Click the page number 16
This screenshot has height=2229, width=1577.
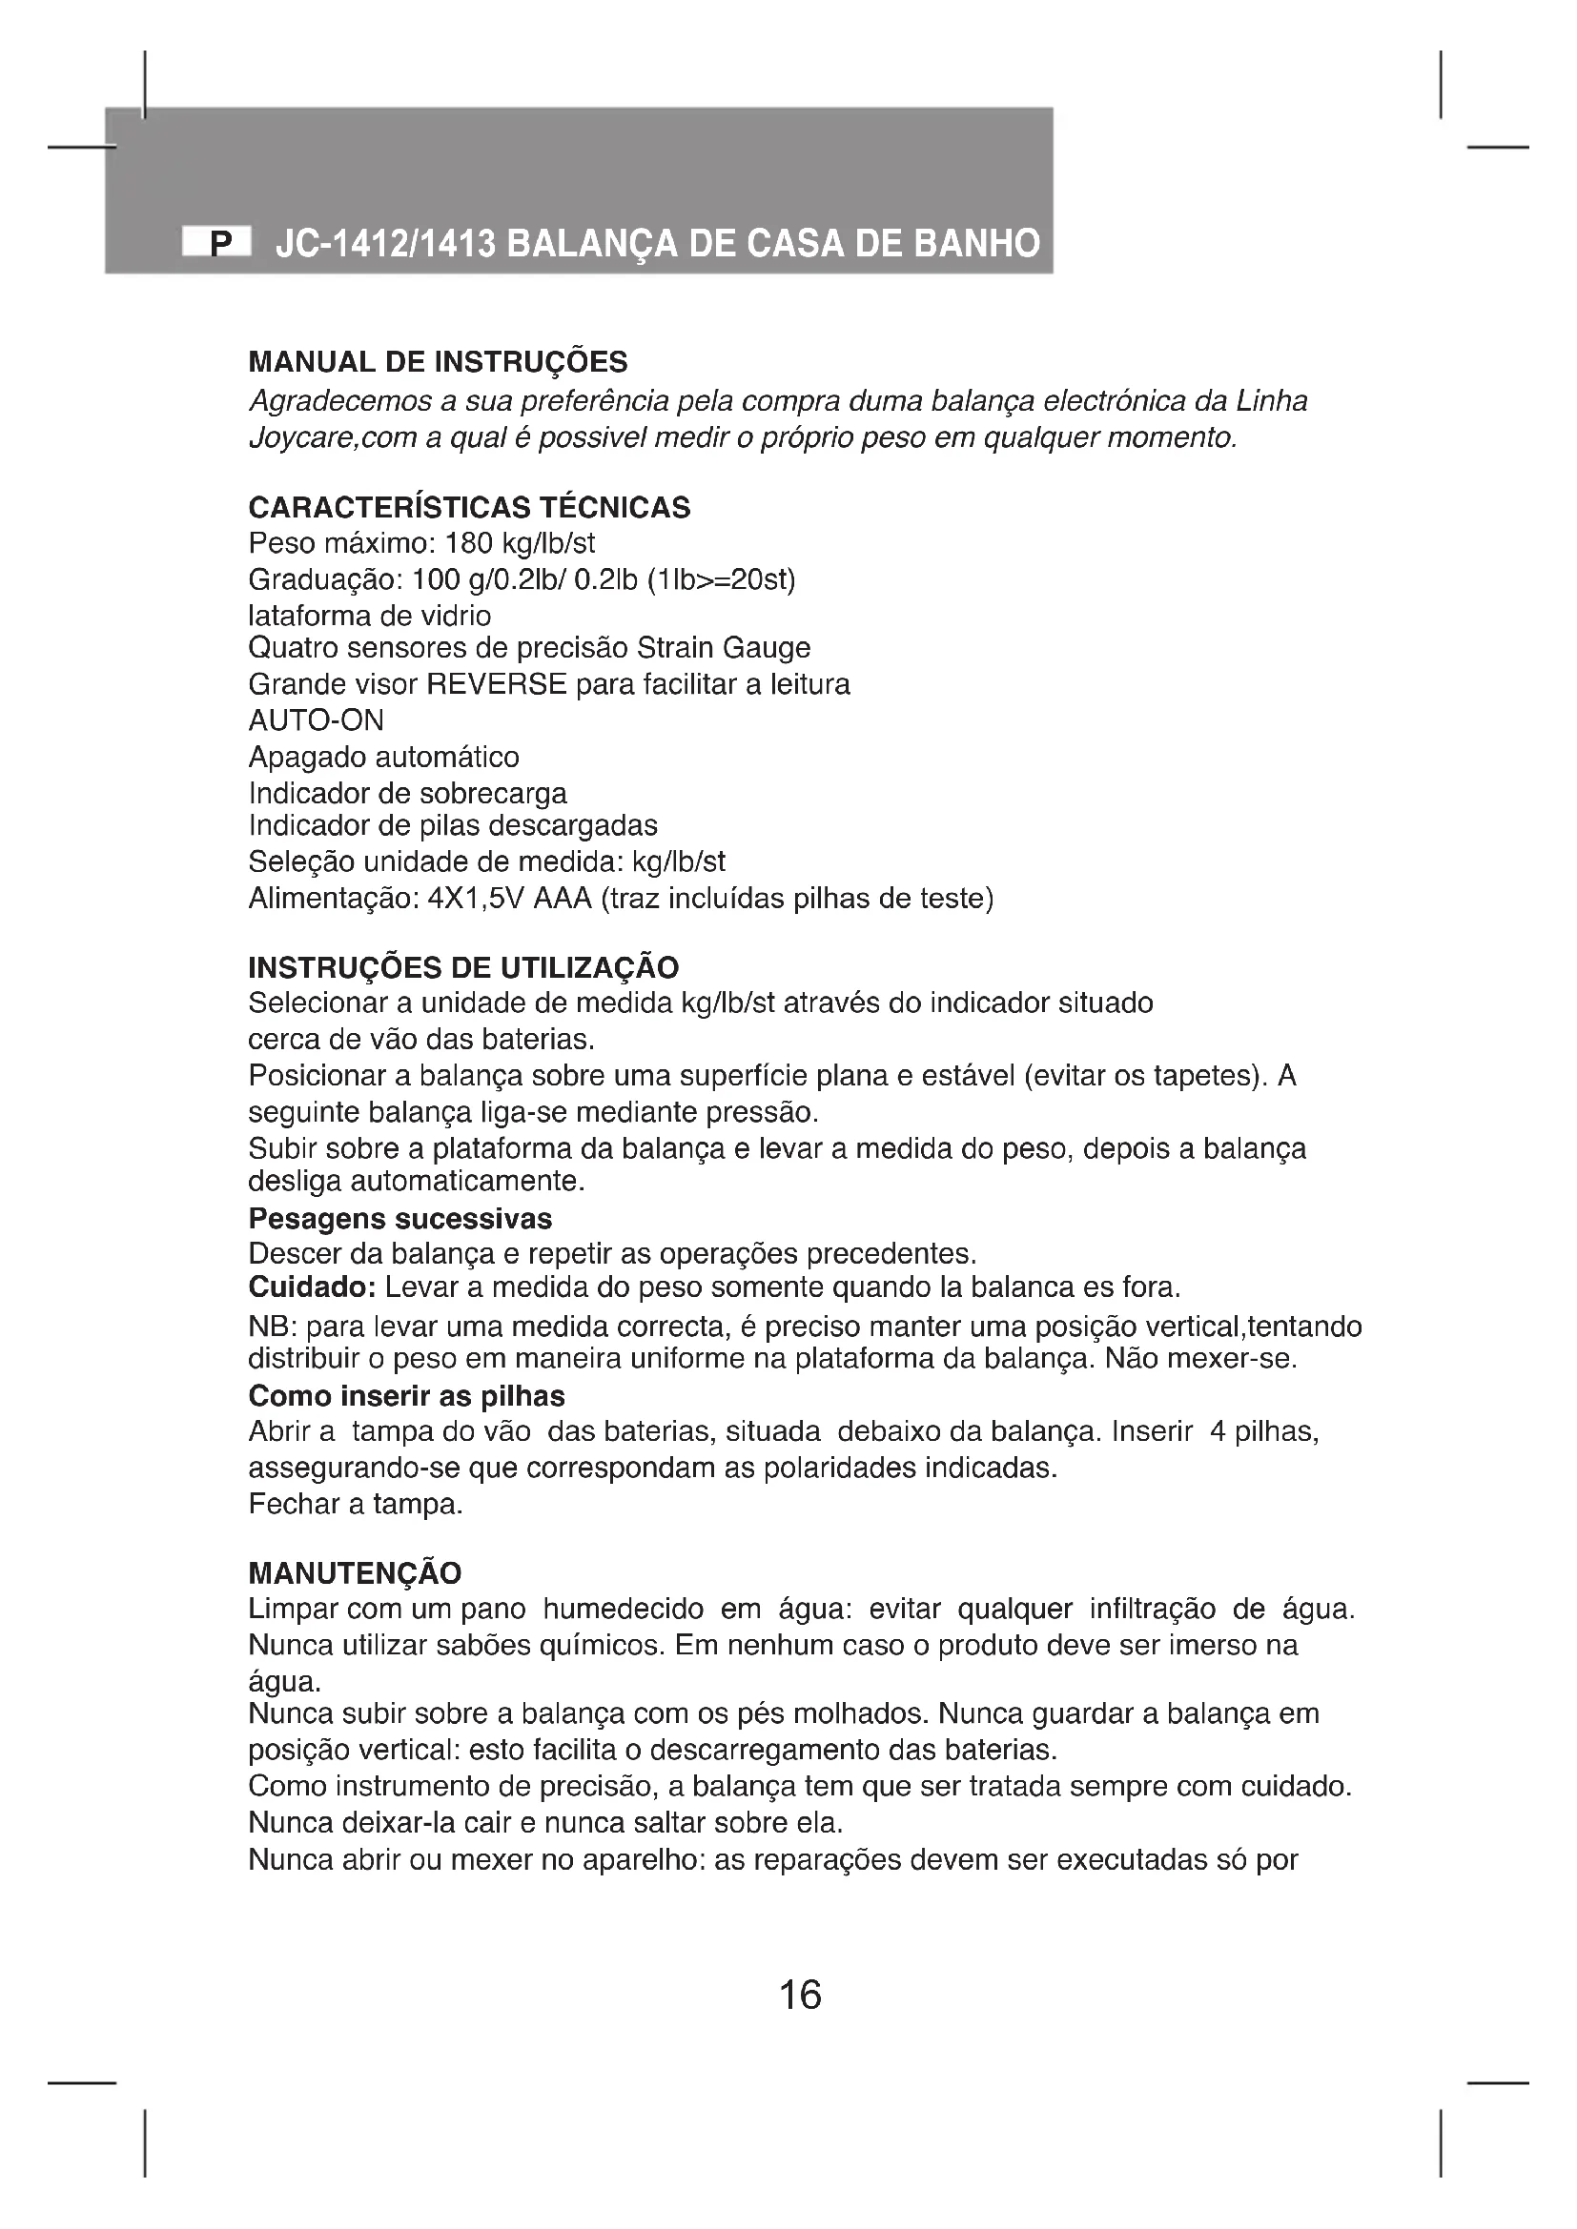pos(800,1994)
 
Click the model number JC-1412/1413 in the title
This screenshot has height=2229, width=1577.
pos(385,243)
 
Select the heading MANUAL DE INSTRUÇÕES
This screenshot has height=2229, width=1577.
pos(438,362)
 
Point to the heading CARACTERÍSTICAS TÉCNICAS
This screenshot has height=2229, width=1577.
pos(469,507)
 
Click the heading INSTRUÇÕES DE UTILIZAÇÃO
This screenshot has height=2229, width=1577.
pos(463,967)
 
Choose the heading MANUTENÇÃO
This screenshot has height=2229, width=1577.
pos(355,1572)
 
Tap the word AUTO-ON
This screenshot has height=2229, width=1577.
pos(316,720)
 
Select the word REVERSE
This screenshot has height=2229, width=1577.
pos(496,684)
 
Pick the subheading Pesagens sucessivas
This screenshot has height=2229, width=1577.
pos(400,1219)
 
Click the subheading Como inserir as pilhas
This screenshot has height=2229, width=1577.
pos(406,1396)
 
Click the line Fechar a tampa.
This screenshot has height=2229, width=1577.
pos(356,1504)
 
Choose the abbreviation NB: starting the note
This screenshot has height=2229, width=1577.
pos(271,1327)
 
